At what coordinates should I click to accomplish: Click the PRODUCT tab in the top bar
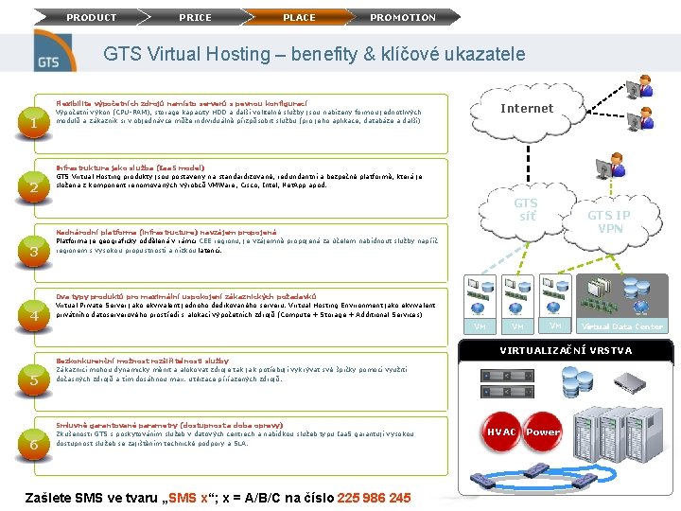coord(92,17)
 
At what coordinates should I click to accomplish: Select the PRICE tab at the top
coord(196,17)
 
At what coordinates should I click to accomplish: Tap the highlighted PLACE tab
coord(300,17)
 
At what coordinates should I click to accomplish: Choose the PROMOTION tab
coord(403,17)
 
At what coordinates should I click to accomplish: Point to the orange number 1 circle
coord(33,123)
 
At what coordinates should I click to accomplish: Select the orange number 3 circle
coord(33,252)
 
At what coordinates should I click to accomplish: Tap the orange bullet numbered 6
coord(33,445)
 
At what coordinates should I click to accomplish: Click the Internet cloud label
coord(527,109)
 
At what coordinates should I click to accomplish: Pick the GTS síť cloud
coord(526,209)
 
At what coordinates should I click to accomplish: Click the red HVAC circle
coord(501,432)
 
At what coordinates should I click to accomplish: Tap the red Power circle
coord(543,432)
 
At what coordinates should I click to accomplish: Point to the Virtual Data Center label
coord(622,326)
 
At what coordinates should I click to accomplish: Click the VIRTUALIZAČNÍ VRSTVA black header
coord(566,351)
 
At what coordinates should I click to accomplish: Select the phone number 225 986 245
coord(374,498)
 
